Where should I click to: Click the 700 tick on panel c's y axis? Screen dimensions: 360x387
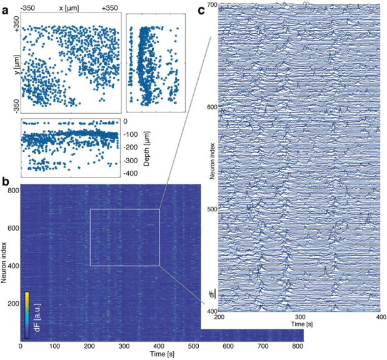[211, 5]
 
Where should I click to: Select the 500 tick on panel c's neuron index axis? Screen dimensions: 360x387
[211, 209]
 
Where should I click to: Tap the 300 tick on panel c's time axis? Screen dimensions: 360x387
[299, 317]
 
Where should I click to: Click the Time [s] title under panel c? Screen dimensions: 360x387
[299, 326]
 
